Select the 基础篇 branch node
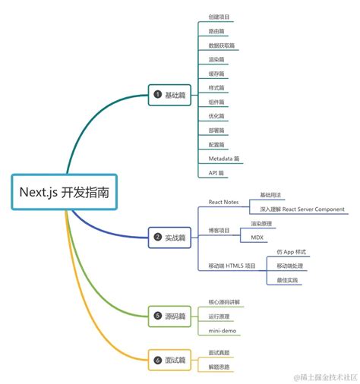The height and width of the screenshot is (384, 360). click(x=171, y=95)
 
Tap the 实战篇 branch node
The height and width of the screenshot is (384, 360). click(x=171, y=237)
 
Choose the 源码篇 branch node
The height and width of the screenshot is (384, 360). click(x=171, y=315)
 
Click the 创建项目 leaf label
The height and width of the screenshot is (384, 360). click(x=219, y=17)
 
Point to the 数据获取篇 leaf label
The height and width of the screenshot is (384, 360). click(x=222, y=46)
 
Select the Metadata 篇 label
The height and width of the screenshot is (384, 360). click(x=225, y=159)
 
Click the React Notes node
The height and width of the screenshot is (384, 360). click(x=225, y=202)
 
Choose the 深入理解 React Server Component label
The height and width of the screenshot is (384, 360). click(x=302, y=209)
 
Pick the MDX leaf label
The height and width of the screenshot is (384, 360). click(x=257, y=238)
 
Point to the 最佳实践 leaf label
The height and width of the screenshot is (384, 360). click(x=289, y=280)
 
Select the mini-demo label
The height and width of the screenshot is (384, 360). click(x=222, y=330)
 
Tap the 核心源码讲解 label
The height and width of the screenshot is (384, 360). click(x=224, y=301)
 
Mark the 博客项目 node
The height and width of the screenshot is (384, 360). click(x=219, y=230)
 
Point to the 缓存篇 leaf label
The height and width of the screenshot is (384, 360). click(x=216, y=74)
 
